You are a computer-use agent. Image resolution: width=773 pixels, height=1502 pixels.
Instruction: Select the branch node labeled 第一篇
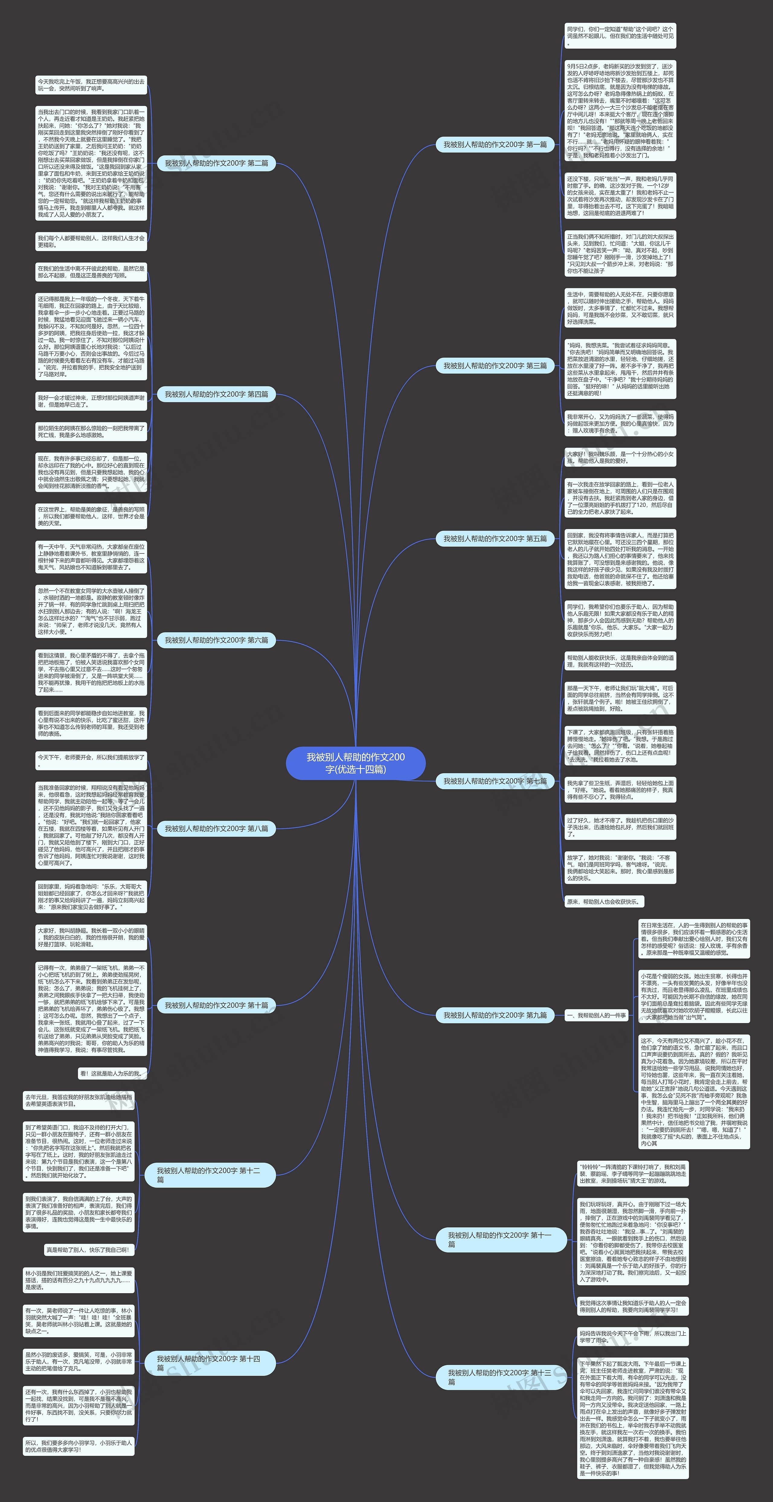(x=495, y=145)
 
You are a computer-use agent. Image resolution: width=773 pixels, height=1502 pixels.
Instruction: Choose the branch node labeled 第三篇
(x=495, y=365)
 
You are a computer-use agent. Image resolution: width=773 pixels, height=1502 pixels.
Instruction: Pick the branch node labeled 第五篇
(x=495, y=539)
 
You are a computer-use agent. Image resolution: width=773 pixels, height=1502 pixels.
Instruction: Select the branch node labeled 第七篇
(x=495, y=781)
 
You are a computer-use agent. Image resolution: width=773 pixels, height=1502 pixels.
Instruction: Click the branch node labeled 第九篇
(x=495, y=1015)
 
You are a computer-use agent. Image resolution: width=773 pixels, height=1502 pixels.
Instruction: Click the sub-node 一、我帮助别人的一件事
(x=596, y=1015)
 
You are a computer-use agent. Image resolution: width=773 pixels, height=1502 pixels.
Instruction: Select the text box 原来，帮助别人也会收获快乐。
(x=603, y=901)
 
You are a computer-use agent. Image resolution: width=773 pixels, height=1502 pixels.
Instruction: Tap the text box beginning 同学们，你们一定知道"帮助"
(x=620, y=36)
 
